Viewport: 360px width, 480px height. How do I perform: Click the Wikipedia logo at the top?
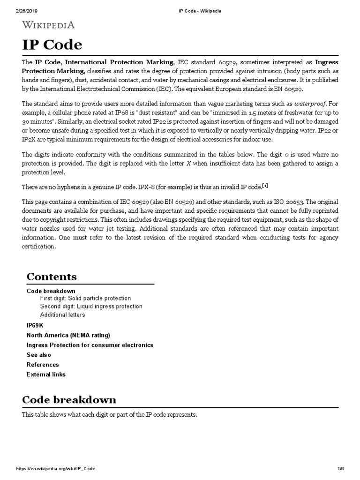[x=48, y=25]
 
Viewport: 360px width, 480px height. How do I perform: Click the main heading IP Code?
[x=52, y=45]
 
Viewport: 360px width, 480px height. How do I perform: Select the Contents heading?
[x=52, y=277]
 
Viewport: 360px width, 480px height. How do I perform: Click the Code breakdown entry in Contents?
[x=51, y=291]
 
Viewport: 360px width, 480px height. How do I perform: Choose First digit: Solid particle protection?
[x=85, y=299]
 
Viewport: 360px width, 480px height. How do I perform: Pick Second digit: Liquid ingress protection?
[x=91, y=307]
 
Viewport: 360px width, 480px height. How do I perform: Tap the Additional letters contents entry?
[x=62, y=315]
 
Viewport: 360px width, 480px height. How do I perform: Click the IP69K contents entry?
[x=35, y=325]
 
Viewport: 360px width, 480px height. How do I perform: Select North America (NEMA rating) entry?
[x=68, y=335]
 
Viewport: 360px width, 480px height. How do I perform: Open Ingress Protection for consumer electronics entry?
[x=90, y=345]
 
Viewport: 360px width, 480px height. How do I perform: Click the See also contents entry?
[x=39, y=355]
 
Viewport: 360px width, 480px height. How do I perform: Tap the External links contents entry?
[x=46, y=375]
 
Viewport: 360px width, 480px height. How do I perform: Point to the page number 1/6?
[x=341, y=469]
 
